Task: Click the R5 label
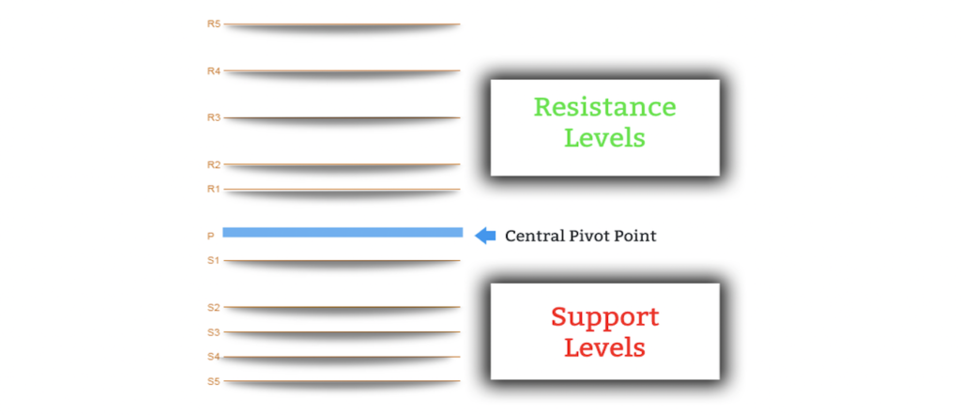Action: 213,23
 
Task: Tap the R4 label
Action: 213,70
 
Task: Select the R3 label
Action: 213,117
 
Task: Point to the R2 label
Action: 213,164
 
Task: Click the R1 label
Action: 213,189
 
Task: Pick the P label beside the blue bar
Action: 210,237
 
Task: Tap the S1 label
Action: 213,260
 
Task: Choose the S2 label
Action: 213,307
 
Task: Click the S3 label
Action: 213,331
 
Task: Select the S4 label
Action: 213,357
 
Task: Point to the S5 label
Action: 213,381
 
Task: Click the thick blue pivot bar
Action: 343,232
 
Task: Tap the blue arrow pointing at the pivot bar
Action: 485,236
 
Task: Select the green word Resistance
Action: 604,107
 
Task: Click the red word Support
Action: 604,316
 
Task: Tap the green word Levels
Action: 604,138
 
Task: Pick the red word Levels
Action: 604,347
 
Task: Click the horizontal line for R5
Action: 343,24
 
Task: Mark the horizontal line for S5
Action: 343,381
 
